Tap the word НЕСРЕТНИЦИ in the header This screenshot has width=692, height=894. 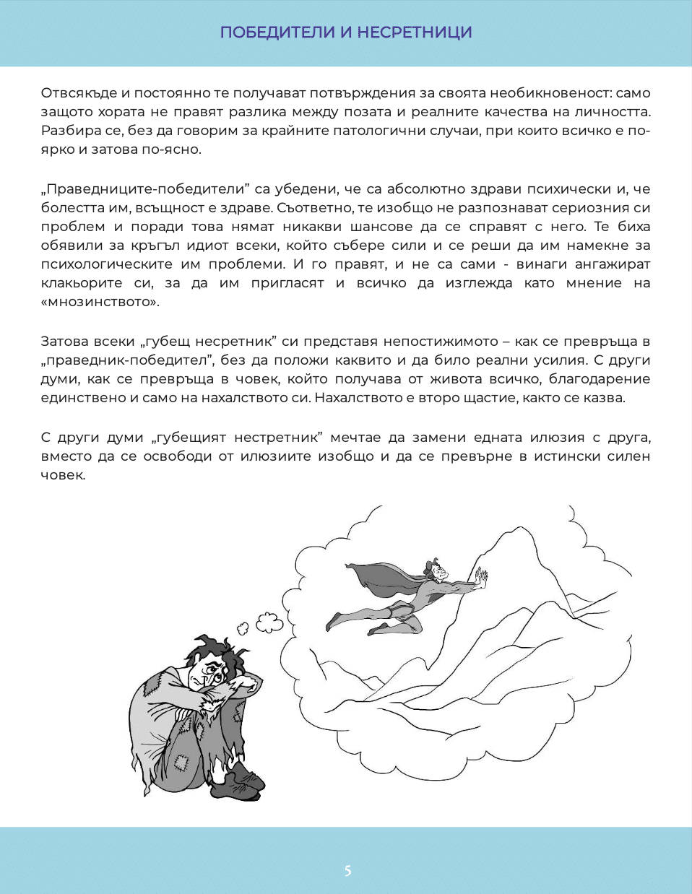click(415, 32)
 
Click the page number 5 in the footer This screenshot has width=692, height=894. click(347, 870)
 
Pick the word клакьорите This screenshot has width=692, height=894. click(82, 283)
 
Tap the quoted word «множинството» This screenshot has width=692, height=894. click(100, 302)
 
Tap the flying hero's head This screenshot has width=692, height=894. click(436, 571)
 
